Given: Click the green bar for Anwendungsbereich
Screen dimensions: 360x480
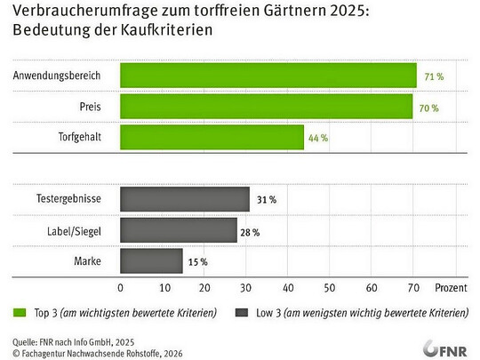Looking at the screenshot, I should [268, 76].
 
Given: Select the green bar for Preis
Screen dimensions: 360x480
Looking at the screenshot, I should [266, 107].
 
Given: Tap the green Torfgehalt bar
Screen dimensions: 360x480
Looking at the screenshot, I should [212, 137].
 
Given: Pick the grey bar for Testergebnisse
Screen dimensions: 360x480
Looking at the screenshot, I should [184, 199].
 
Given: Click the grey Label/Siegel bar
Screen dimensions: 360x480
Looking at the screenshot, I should [178, 230].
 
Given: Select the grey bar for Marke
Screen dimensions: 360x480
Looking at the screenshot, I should [151, 261].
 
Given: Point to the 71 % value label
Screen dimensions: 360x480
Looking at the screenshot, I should [433, 76].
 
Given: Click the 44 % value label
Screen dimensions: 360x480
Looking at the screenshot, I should [318, 138].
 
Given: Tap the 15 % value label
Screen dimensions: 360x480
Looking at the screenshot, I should [197, 261].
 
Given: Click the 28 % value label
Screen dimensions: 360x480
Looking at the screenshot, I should [251, 231].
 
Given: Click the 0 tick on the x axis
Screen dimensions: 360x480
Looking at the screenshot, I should [120, 287].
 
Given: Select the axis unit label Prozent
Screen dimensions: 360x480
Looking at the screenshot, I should [451, 287].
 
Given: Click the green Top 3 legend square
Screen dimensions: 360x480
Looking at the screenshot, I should [18, 313].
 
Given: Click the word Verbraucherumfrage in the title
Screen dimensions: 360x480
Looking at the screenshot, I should [68, 12].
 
